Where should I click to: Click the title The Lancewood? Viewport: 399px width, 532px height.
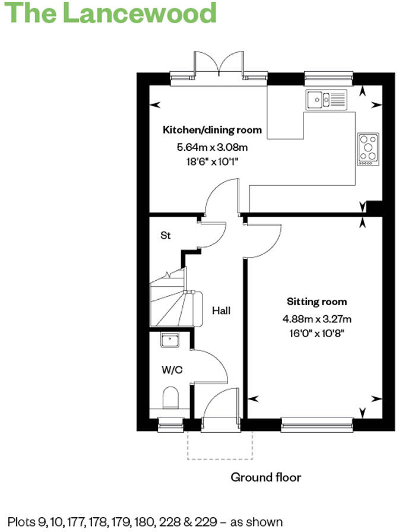point(110,13)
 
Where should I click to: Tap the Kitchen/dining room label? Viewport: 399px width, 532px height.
point(212,129)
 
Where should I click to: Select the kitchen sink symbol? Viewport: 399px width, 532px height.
point(327,99)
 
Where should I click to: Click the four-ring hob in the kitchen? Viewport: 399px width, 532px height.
point(368,149)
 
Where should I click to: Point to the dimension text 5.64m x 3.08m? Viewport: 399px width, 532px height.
point(213,147)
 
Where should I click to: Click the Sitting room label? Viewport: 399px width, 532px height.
point(317,302)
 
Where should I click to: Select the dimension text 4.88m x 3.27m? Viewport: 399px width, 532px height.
point(317,319)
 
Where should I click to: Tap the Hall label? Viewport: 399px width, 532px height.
point(221,311)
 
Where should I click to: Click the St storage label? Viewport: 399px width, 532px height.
point(166,236)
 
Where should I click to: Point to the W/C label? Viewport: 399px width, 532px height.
point(172,370)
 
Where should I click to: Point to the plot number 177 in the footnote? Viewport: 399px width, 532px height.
point(92,522)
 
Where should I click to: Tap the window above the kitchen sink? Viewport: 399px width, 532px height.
point(328,76)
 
